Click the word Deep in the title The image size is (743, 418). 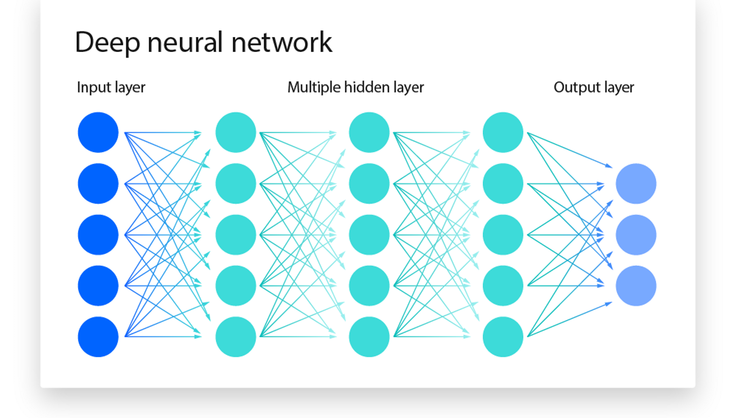coord(107,43)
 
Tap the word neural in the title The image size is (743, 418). coord(185,42)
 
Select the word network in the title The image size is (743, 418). coord(282,42)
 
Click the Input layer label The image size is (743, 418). coord(111,87)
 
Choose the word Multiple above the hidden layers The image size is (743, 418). coord(314,87)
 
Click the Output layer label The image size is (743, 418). coord(594,87)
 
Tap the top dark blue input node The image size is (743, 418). coord(98,132)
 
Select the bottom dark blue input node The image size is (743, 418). coord(98,337)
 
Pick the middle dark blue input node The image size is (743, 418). coord(98,235)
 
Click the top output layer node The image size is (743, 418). coord(636,183)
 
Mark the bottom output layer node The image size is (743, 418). coord(636,286)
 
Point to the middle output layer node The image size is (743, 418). coord(636,235)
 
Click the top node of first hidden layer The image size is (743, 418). coord(235,132)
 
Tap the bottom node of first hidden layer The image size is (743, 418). coord(235,337)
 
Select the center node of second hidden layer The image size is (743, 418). coord(369,235)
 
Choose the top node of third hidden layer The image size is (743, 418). coord(503,132)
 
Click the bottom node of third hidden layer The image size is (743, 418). coord(503,337)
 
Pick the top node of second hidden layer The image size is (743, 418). coord(369,132)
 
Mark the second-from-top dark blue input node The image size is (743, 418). coord(98,183)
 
